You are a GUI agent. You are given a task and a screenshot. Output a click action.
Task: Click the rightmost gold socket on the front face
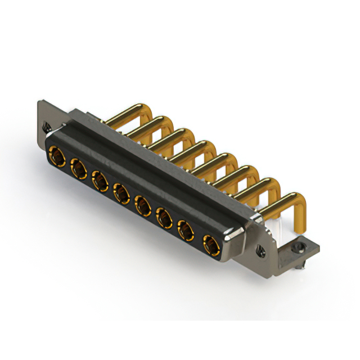210,244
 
